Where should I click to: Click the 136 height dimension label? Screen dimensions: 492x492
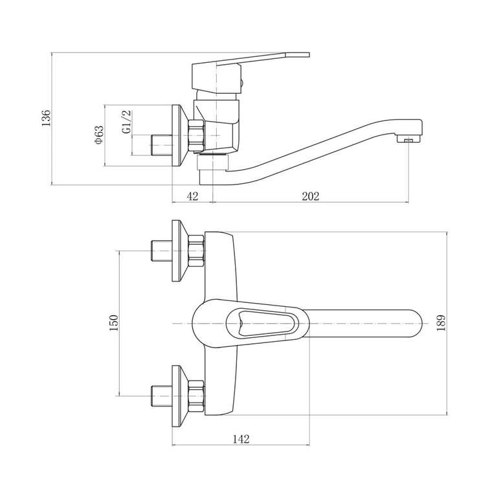click(x=46, y=118)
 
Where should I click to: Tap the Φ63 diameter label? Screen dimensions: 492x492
click(x=98, y=135)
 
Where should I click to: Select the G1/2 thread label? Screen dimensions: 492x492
click(x=126, y=122)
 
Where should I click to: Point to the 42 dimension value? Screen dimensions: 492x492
click(x=192, y=196)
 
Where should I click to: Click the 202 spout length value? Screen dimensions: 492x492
click(x=311, y=196)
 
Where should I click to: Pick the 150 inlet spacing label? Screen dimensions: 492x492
click(x=113, y=323)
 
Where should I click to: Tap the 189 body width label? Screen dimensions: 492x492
click(x=441, y=323)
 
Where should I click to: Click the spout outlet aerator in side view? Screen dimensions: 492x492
click(x=408, y=139)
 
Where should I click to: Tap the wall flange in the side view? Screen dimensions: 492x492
click(x=180, y=135)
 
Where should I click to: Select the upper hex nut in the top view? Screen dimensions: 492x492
click(x=196, y=251)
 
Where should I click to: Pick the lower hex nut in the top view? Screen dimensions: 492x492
click(x=196, y=396)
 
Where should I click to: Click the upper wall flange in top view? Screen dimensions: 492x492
click(x=180, y=251)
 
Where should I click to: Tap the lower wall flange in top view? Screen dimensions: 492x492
click(x=180, y=396)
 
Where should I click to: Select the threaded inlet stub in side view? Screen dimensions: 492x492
click(x=162, y=144)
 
